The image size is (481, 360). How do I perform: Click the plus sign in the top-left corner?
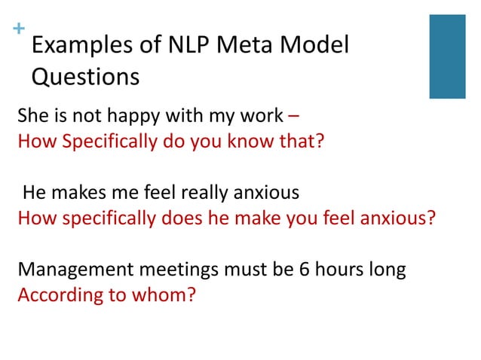17,29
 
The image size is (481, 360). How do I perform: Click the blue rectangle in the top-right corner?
447,56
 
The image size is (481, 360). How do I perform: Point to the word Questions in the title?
85,77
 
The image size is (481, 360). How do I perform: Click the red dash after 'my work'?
293,116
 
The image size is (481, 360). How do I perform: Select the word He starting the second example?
35,193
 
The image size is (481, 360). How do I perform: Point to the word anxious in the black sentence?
268,193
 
